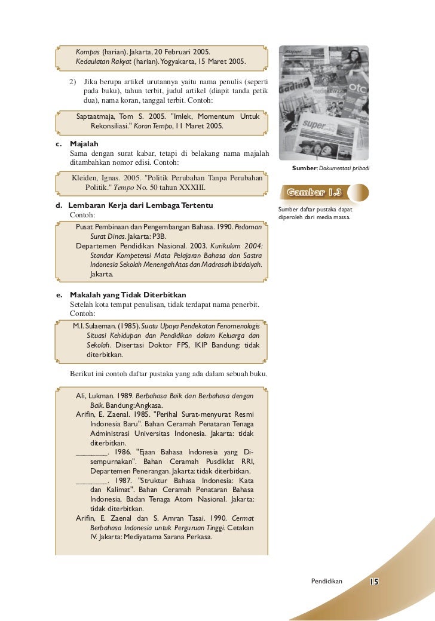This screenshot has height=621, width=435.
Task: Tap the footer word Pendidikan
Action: pyautogui.click(x=327, y=582)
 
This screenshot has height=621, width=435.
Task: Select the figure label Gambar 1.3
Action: pyautogui.click(x=314, y=192)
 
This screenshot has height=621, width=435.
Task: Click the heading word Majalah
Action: pyautogui.click(x=84, y=145)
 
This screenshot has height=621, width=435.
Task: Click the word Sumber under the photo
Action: pyautogui.click(x=304, y=169)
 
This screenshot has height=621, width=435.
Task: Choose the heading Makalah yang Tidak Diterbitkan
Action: pyautogui.click(x=128, y=295)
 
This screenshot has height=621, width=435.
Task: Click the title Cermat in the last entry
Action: pyautogui.click(x=241, y=518)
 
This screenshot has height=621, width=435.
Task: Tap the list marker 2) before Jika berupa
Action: pyautogui.click(x=73, y=81)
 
